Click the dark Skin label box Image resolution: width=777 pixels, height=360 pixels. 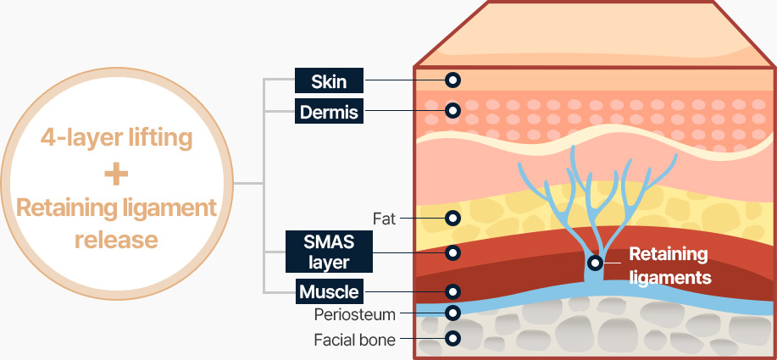click(330, 80)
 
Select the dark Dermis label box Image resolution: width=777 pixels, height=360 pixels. click(330, 110)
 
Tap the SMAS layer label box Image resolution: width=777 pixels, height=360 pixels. click(330, 252)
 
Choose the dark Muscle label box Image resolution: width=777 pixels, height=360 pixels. click(330, 292)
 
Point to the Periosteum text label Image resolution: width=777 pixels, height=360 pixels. click(354, 314)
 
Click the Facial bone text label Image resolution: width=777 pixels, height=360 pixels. click(354, 340)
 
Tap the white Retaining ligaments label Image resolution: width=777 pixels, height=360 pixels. click(668, 264)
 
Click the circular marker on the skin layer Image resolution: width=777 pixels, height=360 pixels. click(452, 80)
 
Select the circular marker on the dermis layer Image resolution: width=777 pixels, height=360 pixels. click(452, 110)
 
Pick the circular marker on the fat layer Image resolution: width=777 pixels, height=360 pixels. click(452, 218)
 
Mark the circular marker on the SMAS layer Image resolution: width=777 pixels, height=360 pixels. click(452, 252)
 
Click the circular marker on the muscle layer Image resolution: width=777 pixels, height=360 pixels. click(452, 291)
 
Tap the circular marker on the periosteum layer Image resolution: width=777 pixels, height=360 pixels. click(452, 313)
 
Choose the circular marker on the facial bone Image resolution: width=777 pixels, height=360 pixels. click(452, 339)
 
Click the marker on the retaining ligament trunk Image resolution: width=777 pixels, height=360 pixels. click(596, 263)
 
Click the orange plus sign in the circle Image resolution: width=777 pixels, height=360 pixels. click(117, 174)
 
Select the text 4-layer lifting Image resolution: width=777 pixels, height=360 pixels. click(117, 137)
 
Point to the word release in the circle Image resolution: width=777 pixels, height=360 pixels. click(117, 240)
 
